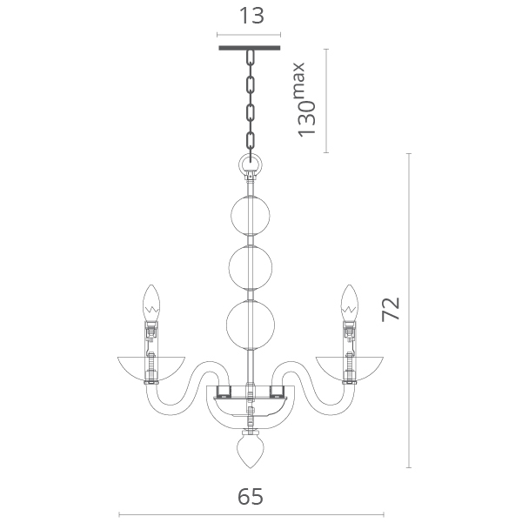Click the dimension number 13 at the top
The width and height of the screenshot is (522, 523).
tap(251, 16)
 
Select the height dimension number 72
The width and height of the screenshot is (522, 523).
tap(391, 309)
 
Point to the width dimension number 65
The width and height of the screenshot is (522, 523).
tap(251, 497)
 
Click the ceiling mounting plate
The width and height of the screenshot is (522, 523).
tap(249, 48)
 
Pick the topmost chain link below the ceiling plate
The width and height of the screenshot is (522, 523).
tap(251, 58)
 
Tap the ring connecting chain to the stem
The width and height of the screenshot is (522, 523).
tap(251, 164)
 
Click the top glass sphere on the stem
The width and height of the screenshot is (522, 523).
tap(251, 216)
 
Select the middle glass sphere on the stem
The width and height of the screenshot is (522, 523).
tap(251, 267)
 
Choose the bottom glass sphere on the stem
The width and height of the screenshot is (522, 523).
tap(251, 325)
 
